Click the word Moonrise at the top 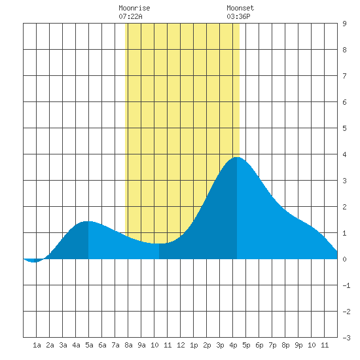click(x=134, y=8)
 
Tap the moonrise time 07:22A click(x=130, y=16)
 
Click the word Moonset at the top click(x=240, y=8)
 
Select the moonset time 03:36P click(x=238, y=16)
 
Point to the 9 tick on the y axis click(x=344, y=24)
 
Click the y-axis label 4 click(x=344, y=154)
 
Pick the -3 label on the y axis click(x=346, y=338)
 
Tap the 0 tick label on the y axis click(x=344, y=259)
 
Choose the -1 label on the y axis click(x=346, y=285)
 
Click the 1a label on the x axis click(x=37, y=345)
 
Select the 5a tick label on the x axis click(x=89, y=345)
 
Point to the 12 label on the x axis click(x=181, y=345)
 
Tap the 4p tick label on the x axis click(x=233, y=345)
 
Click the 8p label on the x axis click(x=285, y=345)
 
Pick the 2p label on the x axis click(x=207, y=345)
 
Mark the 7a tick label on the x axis click(x=115, y=345)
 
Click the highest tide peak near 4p click(x=237, y=158)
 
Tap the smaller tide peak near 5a click(x=88, y=221)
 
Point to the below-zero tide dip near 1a click(x=34, y=262)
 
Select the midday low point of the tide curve click(x=159, y=243)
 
